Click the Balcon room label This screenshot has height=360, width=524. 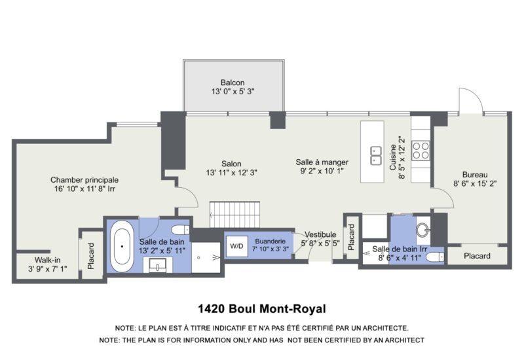coord(233,82)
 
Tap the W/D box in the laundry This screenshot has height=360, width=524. coord(236,247)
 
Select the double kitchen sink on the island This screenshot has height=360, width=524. coord(375,156)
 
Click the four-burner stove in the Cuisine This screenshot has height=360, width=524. coord(421,151)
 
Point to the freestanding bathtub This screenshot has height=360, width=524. coord(122,246)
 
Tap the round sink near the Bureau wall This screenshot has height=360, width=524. coord(423,230)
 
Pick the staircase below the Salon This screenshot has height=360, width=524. coord(234,215)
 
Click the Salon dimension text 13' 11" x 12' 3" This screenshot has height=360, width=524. coord(231,173)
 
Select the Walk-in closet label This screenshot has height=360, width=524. coord(47,260)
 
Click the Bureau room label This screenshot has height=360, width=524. coord(474,175)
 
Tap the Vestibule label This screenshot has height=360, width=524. coord(320,234)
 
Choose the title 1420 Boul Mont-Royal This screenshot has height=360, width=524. coord(261,308)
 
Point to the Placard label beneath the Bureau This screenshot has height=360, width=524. coord(477,256)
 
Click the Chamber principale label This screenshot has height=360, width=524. coord(84,180)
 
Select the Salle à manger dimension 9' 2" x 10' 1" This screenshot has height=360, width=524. coord(322,171)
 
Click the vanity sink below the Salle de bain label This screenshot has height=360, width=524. coord(158,265)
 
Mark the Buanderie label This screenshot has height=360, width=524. coord(271,241)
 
